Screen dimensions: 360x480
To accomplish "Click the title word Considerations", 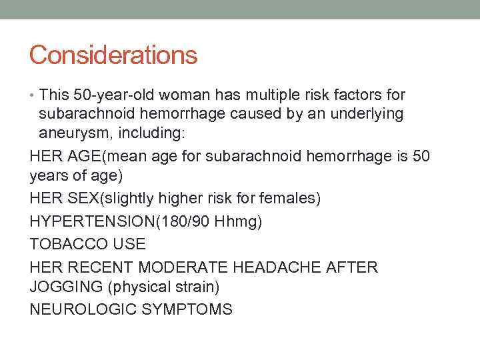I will click(113, 55).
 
